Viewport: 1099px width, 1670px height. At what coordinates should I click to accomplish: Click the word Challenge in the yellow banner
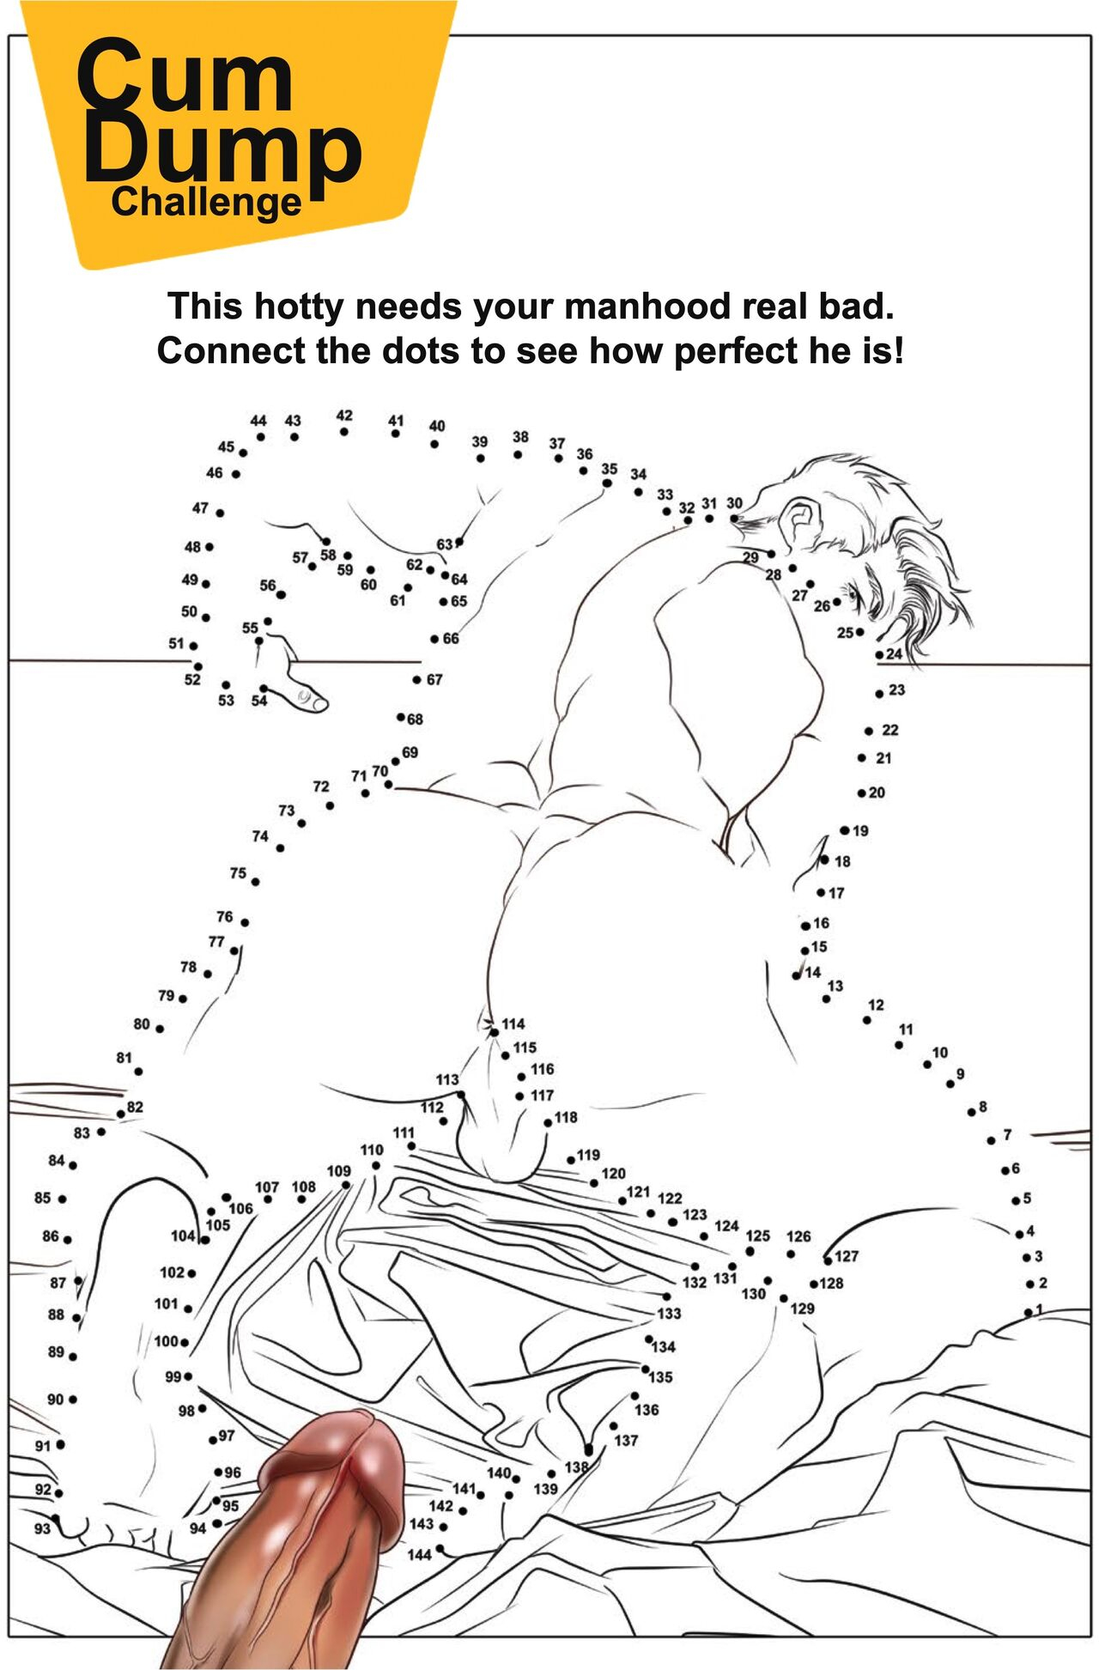point(206,203)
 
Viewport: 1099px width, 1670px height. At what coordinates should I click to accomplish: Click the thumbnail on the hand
point(303,694)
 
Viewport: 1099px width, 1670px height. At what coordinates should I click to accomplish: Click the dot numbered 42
point(343,432)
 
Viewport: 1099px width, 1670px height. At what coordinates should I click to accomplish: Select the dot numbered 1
point(1028,1313)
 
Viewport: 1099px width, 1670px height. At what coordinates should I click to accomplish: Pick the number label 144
point(419,1555)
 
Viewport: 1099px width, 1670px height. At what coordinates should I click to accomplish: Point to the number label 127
point(847,1256)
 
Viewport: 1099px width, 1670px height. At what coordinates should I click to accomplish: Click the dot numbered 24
point(880,655)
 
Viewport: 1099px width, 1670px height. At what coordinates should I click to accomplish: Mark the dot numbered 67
point(417,680)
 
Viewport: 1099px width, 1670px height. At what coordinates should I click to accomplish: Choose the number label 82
point(135,1107)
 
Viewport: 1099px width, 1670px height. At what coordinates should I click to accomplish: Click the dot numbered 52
point(198,666)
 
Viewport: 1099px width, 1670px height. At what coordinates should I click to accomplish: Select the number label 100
point(166,1341)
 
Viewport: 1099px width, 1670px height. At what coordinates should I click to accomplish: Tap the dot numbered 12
point(867,1020)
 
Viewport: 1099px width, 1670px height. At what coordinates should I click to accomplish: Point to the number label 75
point(238,873)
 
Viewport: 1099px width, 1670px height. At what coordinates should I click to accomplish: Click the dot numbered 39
point(480,458)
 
